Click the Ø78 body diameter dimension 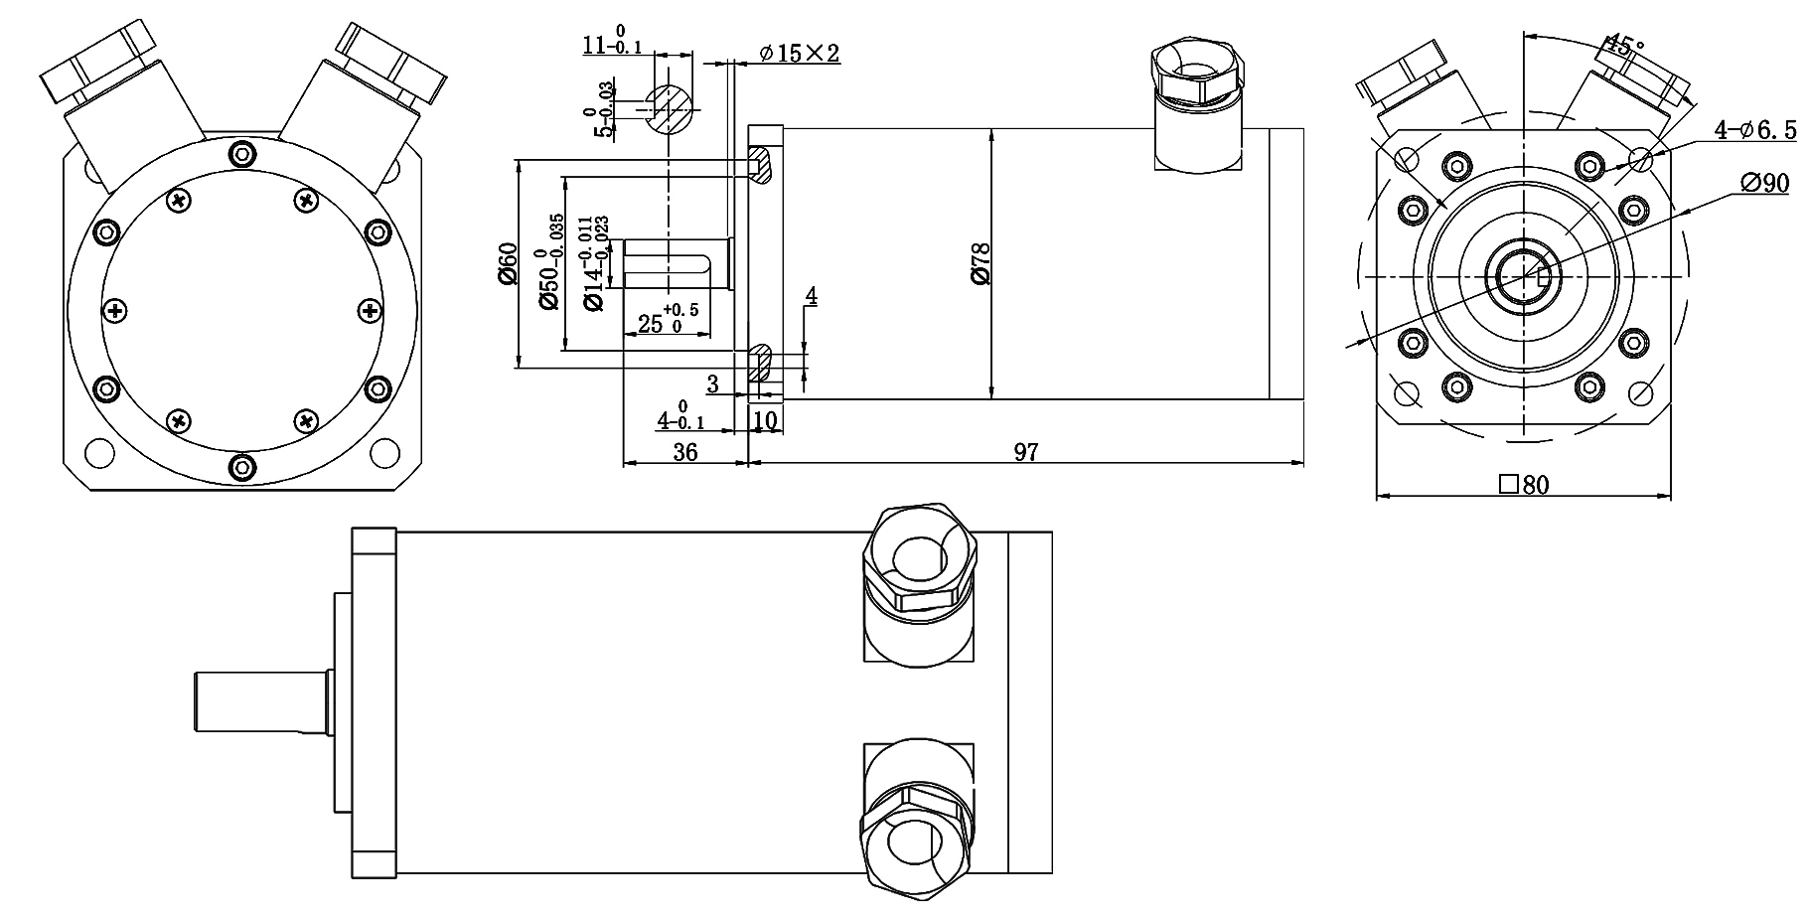[x=981, y=264]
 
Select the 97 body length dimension [x=1025, y=452]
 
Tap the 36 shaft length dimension [x=684, y=452]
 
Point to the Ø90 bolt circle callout [x=1764, y=183]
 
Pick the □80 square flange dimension [x=1523, y=485]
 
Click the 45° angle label [x=1625, y=46]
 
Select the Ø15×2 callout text [x=800, y=54]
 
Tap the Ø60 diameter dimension [x=508, y=264]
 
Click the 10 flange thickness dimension [x=765, y=420]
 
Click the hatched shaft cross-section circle [x=672, y=107]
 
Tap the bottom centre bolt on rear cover [x=240, y=467]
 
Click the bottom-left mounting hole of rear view [x=99, y=453]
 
